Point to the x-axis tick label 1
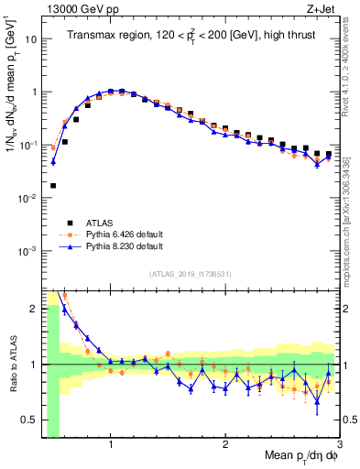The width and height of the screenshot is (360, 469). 111,444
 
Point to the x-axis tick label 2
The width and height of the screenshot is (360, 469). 225,444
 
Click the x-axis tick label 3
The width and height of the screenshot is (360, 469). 338,444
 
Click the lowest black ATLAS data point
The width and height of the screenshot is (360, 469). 53,185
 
